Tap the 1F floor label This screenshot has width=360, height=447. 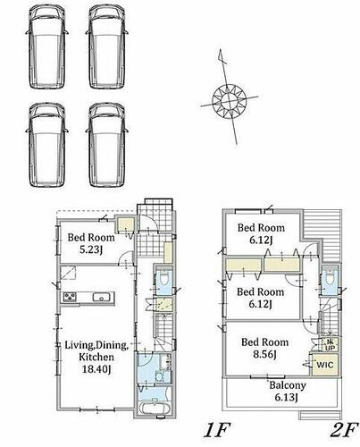(x=217, y=430)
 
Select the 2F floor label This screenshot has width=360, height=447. (x=343, y=430)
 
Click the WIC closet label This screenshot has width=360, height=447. (x=325, y=365)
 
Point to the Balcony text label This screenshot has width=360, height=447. (x=288, y=385)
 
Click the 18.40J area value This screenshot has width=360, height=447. (x=96, y=369)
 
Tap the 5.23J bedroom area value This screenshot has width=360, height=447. (x=90, y=249)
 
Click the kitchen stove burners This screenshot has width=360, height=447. (x=70, y=297)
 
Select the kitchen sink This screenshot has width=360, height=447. (x=103, y=297)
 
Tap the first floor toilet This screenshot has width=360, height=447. (x=164, y=279)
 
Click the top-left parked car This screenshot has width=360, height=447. (x=47, y=47)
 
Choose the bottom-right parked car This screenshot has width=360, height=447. (x=107, y=145)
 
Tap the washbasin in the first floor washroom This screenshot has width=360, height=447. (x=159, y=377)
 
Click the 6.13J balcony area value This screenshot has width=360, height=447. (x=287, y=398)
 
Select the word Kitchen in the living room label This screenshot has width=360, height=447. (x=96, y=357)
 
